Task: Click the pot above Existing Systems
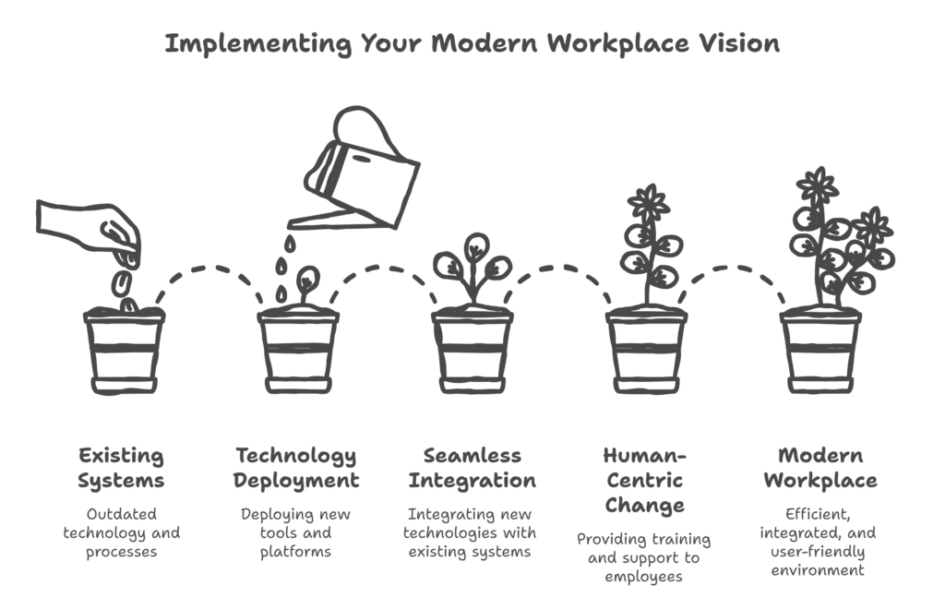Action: point(124,351)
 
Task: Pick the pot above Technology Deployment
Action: point(298,351)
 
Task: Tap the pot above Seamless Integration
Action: point(472,351)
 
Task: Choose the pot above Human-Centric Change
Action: point(647,351)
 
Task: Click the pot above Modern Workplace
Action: point(820,351)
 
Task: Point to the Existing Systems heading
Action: point(122,468)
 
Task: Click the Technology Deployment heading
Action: point(295,468)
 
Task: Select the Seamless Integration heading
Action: point(472,468)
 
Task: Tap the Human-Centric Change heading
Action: point(645,480)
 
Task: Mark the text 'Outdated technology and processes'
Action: point(122,533)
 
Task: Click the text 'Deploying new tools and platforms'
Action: point(296,533)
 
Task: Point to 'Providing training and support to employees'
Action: point(645,557)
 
